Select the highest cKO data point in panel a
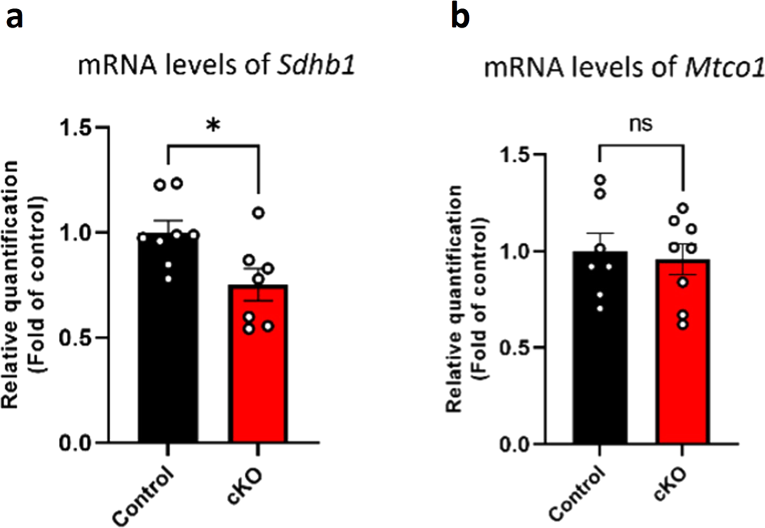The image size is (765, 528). tap(259, 213)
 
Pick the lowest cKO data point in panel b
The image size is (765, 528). tap(662, 324)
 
